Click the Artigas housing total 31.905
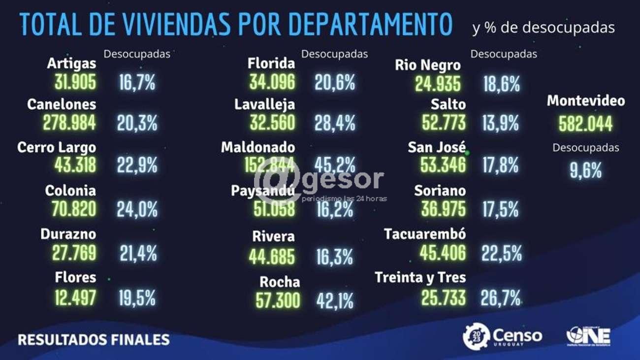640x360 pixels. point(75,82)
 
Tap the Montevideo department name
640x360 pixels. point(586,101)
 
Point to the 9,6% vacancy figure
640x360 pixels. point(585,170)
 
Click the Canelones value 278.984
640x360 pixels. point(69,123)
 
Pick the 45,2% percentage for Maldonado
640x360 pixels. point(335,165)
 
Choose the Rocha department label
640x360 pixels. point(280,282)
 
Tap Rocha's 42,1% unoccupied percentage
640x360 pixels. point(335,300)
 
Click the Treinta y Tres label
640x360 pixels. point(420,278)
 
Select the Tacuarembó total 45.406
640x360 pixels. point(443,253)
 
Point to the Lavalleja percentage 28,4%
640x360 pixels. point(335,123)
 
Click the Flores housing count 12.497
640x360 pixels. point(75,297)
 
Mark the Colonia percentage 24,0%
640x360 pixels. point(137,209)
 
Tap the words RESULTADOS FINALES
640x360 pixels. point(94,339)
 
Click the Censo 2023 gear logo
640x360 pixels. point(476,336)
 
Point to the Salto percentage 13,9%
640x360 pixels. point(500,123)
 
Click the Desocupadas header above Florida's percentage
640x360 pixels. point(334,54)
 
